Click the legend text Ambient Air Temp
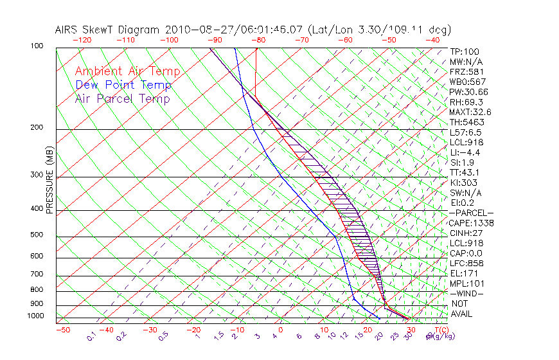(x=128, y=71)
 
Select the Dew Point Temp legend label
(x=123, y=85)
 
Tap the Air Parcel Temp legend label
(x=123, y=98)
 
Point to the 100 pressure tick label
(x=37, y=46)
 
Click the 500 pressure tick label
(x=37, y=235)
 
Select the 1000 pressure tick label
(x=35, y=316)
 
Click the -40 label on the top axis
(x=432, y=40)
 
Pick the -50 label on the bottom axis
(x=62, y=330)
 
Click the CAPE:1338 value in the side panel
(x=472, y=223)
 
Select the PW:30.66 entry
(x=468, y=92)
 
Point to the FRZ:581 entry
(x=466, y=71)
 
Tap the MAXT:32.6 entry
(x=471, y=112)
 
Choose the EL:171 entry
(x=463, y=273)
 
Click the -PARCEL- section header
(x=471, y=213)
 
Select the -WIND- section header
(x=466, y=293)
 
